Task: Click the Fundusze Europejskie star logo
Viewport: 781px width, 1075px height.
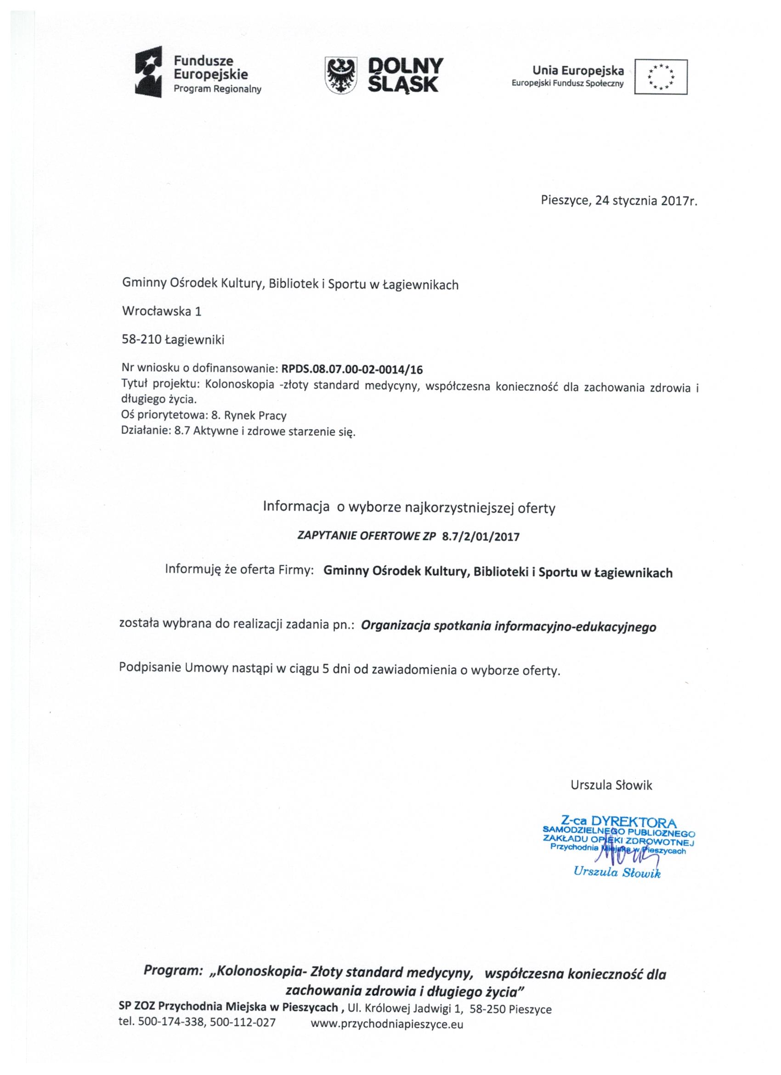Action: (x=149, y=72)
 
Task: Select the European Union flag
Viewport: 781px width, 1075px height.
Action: (x=661, y=77)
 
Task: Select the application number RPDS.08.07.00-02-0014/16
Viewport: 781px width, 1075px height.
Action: (x=352, y=369)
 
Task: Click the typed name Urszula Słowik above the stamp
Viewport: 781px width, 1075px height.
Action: (x=611, y=785)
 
